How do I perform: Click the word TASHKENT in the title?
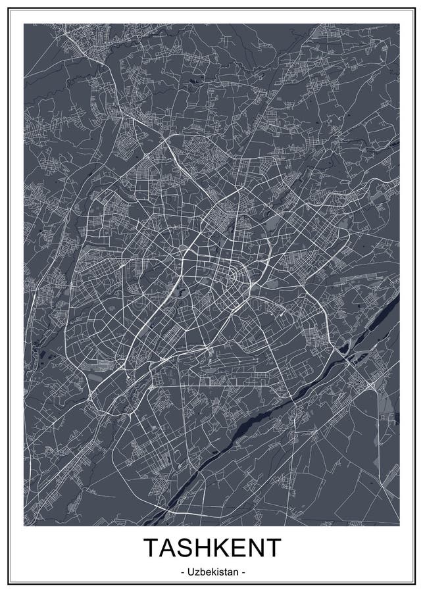[211, 548]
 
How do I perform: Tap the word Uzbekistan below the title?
[211, 572]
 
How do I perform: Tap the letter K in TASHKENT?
[220, 548]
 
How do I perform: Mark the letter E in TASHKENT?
[237, 548]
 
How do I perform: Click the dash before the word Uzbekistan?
[180, 573]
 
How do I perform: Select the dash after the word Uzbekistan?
[243, 573]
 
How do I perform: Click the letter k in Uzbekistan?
[212, 572]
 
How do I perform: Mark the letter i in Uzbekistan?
[216, 572]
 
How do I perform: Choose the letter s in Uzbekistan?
[220, 572]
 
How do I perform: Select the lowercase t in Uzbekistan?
[225, 572]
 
